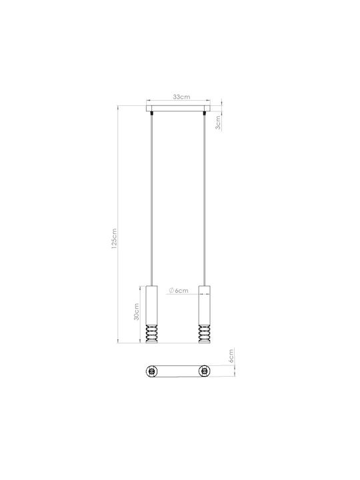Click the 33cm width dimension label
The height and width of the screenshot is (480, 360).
(181, 97)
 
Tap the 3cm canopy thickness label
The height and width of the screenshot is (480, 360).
(217, 123)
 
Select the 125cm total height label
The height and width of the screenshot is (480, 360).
(114, 239)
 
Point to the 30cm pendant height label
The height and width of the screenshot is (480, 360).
(137, 311)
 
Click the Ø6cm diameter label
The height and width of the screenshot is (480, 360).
(179, 291)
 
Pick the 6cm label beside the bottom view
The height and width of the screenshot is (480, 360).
(231, 356)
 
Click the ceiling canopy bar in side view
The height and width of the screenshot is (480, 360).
(178, 109)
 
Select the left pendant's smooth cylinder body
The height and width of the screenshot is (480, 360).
(151, 305)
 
